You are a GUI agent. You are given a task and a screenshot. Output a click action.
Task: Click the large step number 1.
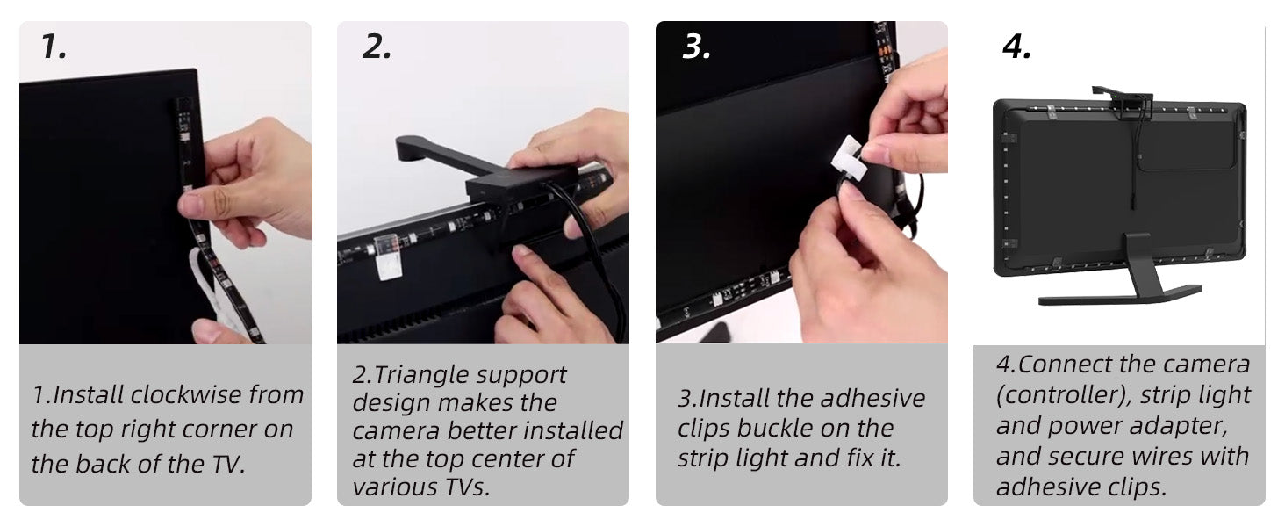click(x=54, y=47)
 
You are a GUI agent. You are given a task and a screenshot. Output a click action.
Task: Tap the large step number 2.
click(x=377, y=47)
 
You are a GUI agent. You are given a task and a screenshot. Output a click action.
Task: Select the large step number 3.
click(x=696, y=47)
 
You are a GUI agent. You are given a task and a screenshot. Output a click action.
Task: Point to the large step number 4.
click(x=1016, y=47)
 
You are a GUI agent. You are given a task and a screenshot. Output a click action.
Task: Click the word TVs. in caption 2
click(x=467, y=487)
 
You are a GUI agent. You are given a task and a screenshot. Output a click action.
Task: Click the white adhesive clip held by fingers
click(x=848, y=157)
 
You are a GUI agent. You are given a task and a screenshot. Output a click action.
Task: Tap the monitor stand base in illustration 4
click(x=1118, y=295)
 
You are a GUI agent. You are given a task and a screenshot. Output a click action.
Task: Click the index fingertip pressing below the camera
click(x=523, y=254)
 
